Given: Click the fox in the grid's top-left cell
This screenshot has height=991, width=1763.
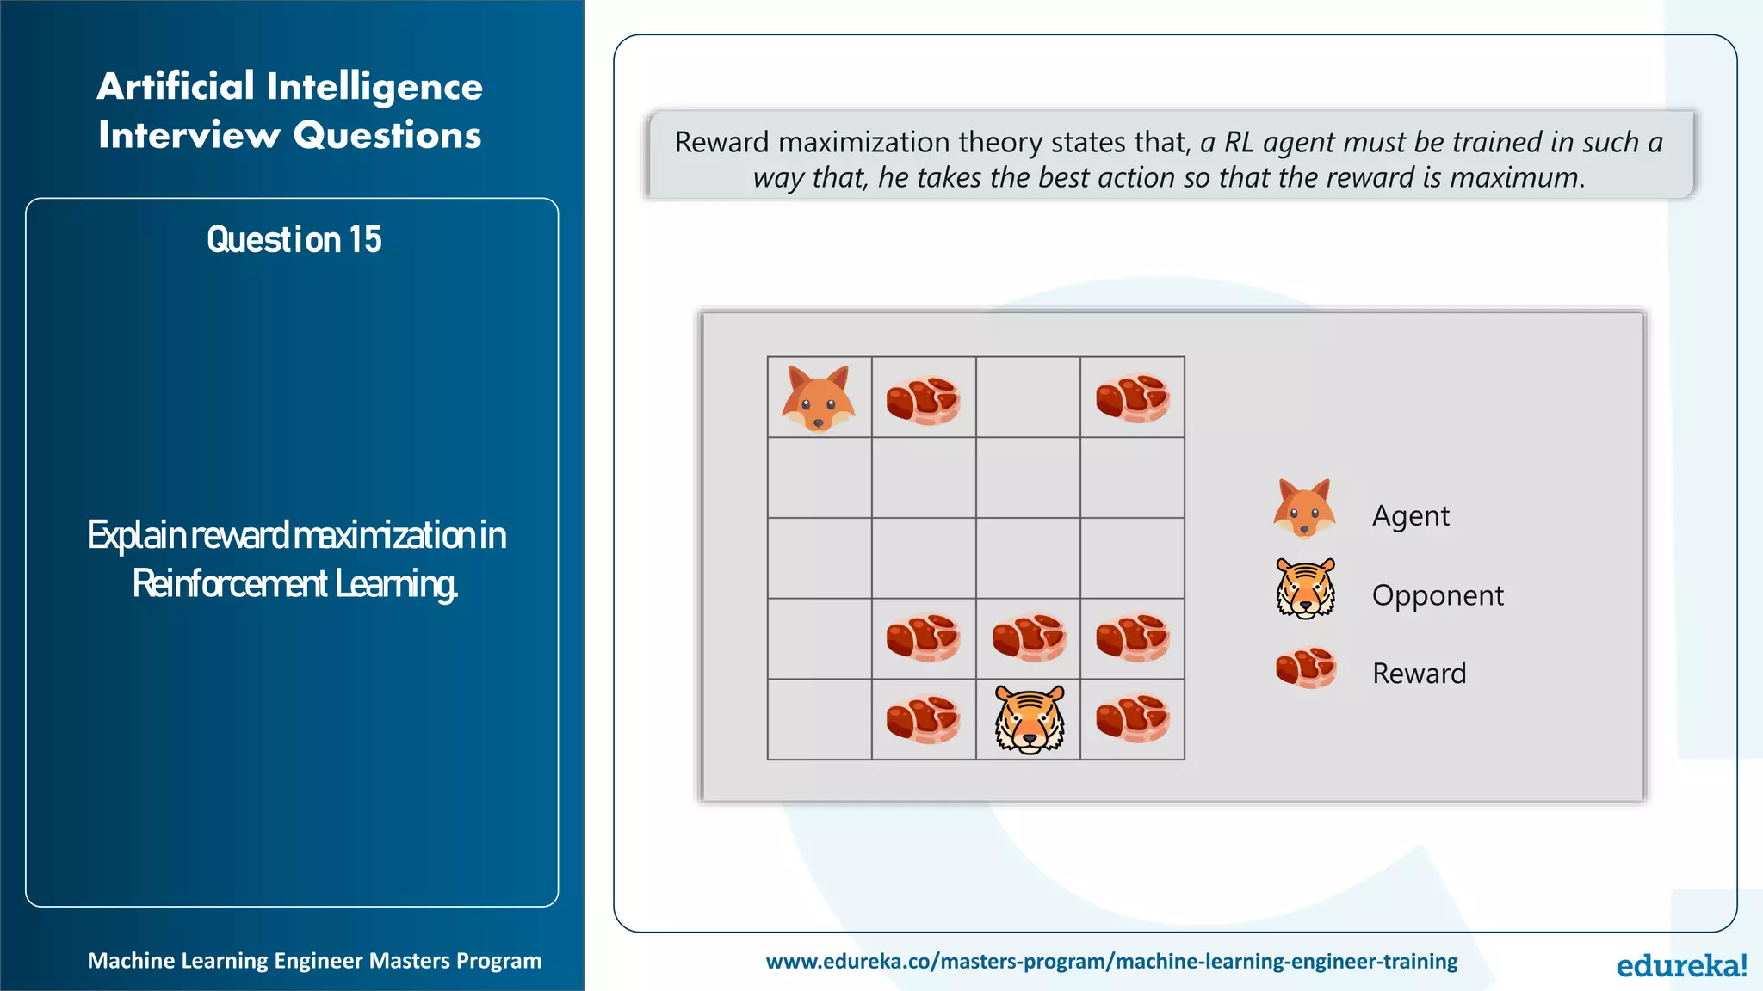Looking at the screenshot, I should [818, 397].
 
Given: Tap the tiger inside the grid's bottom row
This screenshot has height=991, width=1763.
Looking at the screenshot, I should [1030, 719].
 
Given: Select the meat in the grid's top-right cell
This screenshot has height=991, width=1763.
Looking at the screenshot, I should [1132, 397].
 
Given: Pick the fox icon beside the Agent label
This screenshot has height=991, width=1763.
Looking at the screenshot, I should [1304, 508].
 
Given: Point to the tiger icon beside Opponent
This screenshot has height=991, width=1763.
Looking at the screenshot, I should [1305, 589].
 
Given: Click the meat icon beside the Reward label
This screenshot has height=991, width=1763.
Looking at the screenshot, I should [1305, 668].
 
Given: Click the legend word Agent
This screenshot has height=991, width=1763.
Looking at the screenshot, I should [1410, 515].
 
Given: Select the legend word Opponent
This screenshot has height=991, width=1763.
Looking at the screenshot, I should [1437, 595].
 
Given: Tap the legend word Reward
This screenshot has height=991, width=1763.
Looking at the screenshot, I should [1419, 673].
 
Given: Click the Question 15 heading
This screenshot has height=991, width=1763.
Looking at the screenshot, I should [294, 239].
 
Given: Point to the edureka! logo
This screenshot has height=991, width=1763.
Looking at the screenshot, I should [1680, 965].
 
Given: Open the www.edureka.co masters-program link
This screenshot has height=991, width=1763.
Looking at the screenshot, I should [1111, 961].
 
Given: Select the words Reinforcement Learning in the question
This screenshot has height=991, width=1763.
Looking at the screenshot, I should [294, 584].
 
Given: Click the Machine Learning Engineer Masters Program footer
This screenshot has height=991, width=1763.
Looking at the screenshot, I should [314, 961].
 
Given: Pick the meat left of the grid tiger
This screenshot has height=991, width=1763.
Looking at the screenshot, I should [923, 719].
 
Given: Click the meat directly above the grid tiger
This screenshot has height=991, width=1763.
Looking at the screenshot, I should [1029, 638].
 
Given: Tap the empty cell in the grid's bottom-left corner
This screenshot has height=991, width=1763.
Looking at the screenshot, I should [819, 719].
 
